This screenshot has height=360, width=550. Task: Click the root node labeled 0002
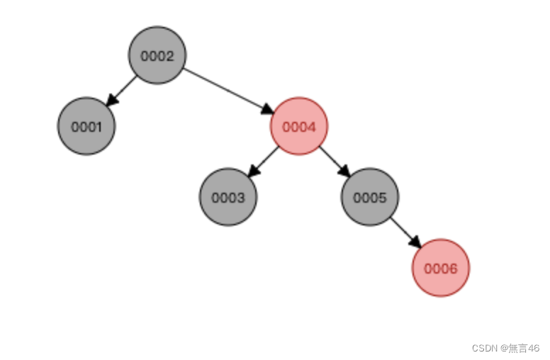coord(157,55)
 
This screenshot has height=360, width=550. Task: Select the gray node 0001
coord(86,126)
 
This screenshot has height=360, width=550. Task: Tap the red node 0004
coord(299,126)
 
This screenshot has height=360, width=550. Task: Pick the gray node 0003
coord(228,197)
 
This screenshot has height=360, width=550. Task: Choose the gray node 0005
coord(370,197)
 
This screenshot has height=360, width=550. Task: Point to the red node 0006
coord(441,268)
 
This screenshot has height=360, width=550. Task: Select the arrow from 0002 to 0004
coord(227,90)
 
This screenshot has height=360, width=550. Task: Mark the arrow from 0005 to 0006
coord(405,232)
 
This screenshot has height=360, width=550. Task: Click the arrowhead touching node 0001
coord(111,102)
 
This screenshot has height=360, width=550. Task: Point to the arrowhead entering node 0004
coord(268,110)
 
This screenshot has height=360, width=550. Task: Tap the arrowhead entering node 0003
coord(252,173)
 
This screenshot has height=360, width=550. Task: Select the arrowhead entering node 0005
coord(345,172)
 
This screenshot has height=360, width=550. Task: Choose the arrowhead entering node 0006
coord(416,243)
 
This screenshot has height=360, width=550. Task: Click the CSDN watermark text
coord(505,348)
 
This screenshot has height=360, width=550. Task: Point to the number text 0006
coord(441,269)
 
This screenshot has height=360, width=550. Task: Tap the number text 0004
coord(299,127)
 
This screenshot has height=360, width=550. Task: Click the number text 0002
coord(157,56)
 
